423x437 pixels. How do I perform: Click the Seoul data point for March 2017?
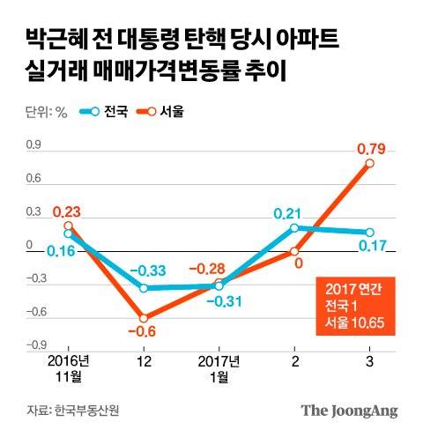(x=370, y=163)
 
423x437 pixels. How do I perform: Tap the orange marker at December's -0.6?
(x=144, y=318)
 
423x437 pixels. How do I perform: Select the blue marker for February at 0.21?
(x=295, y=227)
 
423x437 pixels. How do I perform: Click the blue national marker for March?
(x=370, y=232)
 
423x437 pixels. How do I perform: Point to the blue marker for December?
(x=144, y=288)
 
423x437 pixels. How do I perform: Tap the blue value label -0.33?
(x=144, y=270)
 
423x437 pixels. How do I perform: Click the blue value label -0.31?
(x=221, y=301)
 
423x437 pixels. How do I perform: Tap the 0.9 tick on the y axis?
(x=33, y=145)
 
